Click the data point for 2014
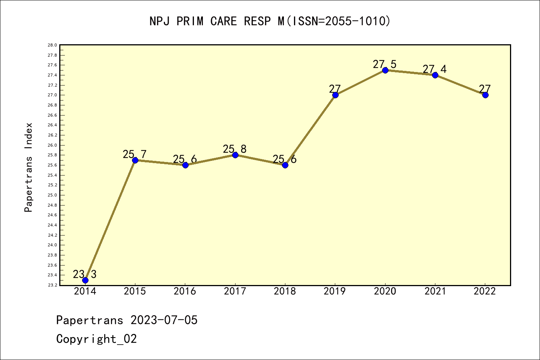pos(85,280)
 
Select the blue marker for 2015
pos(135,160)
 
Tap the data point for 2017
pos(235,155)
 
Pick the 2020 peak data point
pos(385,70)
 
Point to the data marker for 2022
pos(485,95)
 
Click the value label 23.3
pos(84,274)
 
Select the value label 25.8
pos(234,149)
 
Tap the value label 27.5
pos(384,64)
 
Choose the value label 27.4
pos(434,69)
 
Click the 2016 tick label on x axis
pos(185,291)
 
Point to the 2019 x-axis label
pos(335,291)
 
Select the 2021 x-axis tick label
pos(435,291)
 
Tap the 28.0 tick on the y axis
pos(52,45)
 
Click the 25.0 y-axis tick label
pos(52,195)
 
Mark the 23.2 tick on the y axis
pos(52,285)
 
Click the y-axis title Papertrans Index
pos(28,167)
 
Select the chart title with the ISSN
pos(270,21)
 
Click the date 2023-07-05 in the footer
pos(164,320)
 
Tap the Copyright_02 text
pos(96,339)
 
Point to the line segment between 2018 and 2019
pos(310,130)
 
